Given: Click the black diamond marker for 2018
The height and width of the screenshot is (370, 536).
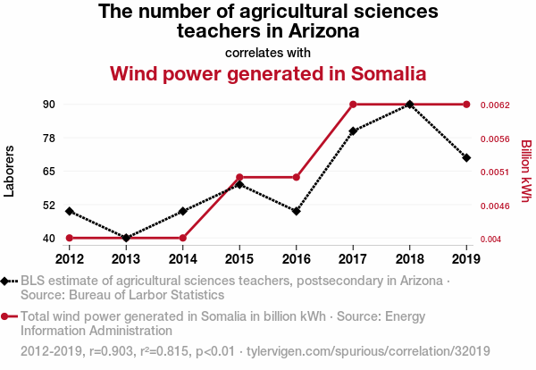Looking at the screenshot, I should click(x=410, y=105).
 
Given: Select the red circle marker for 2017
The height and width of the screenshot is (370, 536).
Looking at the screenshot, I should click(x=354, y=105).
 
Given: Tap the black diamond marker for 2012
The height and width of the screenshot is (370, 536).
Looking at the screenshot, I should click(x=69, y=211).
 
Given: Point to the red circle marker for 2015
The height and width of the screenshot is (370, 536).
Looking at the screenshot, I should click(x=239, y=177).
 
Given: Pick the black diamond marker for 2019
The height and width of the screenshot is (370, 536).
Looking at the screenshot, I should click(x=466, y=157).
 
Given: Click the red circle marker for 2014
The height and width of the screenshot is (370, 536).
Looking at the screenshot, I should click(x=182, y=238).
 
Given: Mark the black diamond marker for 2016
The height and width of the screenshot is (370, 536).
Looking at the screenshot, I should click(x=297, y=211).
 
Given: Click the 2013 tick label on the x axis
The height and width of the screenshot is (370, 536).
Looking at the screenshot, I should click(x=125, y=259).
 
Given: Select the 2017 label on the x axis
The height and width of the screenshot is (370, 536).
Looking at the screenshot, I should click(x=354, y=259).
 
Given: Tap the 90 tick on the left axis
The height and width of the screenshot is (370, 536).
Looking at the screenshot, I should click(x=49, y=105).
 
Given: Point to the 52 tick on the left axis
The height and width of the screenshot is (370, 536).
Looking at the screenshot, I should click(x=49, y=205).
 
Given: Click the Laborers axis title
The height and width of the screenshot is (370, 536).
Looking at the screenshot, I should click(x=10, y=171).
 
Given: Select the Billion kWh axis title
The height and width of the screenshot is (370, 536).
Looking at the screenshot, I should click(x=526, y=171).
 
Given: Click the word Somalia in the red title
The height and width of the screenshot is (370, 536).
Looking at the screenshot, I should click(x=377, y=72).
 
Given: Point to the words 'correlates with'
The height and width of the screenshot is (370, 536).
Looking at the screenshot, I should click(x=268, y=52).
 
